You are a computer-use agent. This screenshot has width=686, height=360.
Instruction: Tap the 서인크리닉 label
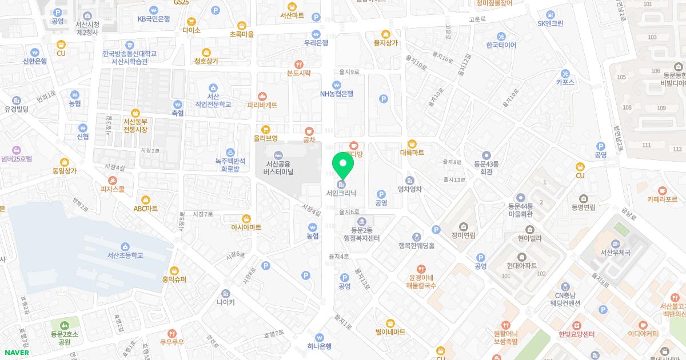(x=341, y=193)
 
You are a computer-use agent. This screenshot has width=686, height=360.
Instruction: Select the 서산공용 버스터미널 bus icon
(x=278, y=155)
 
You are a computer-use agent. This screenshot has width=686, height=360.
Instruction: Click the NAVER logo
(x=15, y=353)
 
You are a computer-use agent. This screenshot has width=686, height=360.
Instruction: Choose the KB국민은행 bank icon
(x=154, y=10)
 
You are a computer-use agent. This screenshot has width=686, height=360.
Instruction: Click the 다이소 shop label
(x=192, y=30)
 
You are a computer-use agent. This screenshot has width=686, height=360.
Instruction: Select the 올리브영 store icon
(x=266, y=129)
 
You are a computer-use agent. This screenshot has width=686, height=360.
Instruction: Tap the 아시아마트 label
(x=246, y=227)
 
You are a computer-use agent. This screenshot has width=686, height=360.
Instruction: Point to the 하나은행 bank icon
(x=319, y=337)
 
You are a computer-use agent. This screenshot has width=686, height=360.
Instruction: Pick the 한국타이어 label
(x=501, y=45)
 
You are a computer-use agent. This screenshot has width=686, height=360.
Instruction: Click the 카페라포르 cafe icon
(x=662, y=190)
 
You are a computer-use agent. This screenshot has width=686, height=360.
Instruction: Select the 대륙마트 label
(x=412, y=153)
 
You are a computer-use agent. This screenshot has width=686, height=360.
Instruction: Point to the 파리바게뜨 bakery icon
(x=262, y=97)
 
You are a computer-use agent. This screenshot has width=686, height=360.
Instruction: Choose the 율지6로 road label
(x=349, y=211)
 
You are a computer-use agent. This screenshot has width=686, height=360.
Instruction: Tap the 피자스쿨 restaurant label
(x=113, y=189)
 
